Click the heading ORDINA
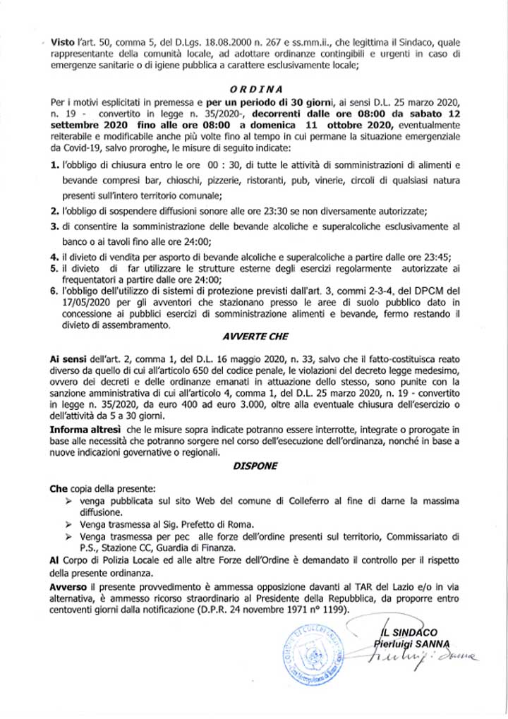pyautogui.click(x=257, y=90)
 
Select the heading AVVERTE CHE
pyautogui.click(x=258, y=338)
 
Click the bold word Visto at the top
pyautogui.click(x=62, y=43)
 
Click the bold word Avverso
pyautogui.click(x=68, y=587)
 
